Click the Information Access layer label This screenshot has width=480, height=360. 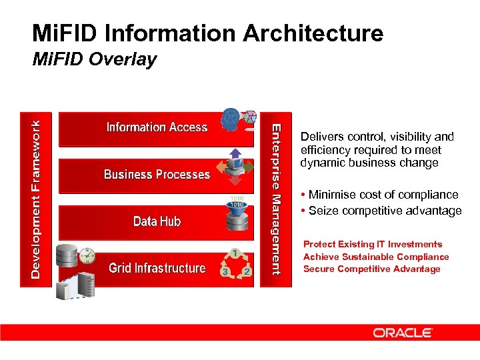tap(157, 127)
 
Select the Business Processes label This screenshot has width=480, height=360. tap(157, 175)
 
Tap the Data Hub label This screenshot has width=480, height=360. tap(157, 221)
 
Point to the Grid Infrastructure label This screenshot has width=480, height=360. tap(157, 268)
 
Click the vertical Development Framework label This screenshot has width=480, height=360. tap(41, 198)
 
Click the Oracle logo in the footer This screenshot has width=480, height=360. tap(403, 333)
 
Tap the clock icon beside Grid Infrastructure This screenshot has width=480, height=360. tap(86, 256)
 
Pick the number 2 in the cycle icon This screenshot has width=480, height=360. tap(246, 271)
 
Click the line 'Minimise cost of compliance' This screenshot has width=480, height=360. tap(383, 195)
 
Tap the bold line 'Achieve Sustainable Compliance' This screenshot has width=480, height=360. tap(376, 257)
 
